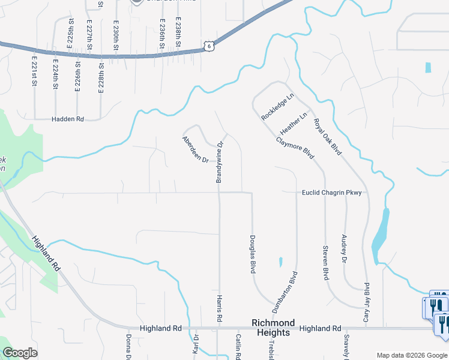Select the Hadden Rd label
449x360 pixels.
point(67,119)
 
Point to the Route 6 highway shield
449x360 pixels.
point(207,45)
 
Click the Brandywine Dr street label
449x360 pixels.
point(220,161)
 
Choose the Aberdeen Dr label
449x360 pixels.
point(194,150)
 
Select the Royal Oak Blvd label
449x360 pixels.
point(328,136)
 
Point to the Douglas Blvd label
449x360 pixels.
point(253,254)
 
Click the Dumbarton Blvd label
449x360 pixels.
point(294,292)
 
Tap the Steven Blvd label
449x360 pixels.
point(326,262)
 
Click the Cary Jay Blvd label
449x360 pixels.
point(366,303)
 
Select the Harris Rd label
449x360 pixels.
point(220,310)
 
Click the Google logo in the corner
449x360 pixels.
point(20,353)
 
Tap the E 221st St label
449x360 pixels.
point(35,71)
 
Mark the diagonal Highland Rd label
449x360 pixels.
point(47,251)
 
